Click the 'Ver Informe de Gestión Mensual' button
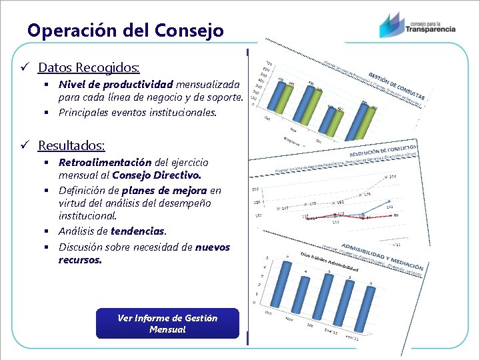coord(167,323)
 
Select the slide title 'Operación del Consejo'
coord(125,30)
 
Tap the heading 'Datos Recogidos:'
coord(89,67)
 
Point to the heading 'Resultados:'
coord(71,145)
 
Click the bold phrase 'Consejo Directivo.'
coord(157,175)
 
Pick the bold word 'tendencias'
coord(137,231)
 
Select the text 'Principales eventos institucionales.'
coord(138,113)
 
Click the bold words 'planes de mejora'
coord(165,191)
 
